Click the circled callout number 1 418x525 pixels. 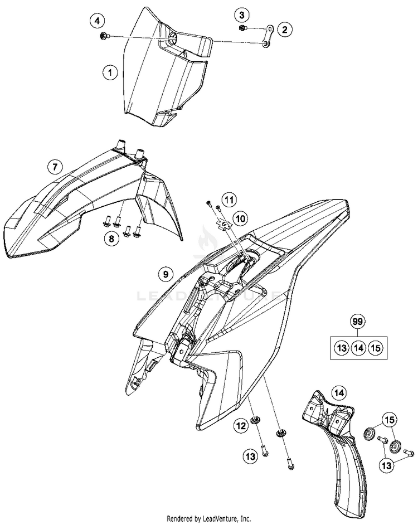coord(110,72)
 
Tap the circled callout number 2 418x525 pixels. coord(284,30)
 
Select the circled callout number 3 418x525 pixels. coord(241,15)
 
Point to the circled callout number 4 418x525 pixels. coord(98,22)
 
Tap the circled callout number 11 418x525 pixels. coord(229,199)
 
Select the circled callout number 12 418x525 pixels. coord(240,427)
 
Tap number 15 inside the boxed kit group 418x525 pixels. coord(376,348)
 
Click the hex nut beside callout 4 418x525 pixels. coord(104,36)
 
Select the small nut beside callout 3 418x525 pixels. coord(241,28)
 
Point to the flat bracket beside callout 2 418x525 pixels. coord(268,36)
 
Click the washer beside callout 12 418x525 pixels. coord(255,420)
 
